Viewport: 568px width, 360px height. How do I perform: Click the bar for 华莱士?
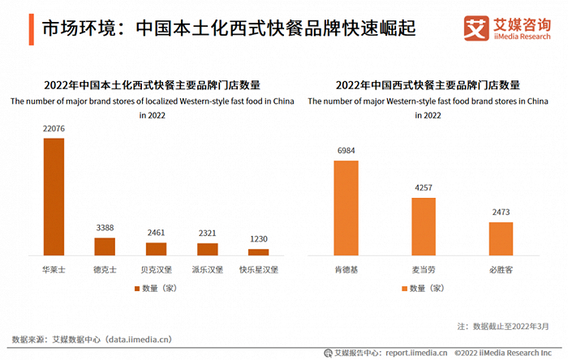pos(54,196)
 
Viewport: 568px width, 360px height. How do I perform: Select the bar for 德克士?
pos(105,246)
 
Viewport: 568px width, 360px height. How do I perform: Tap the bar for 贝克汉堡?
pos(156,249)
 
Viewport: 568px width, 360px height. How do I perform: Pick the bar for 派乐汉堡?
pos(207,249)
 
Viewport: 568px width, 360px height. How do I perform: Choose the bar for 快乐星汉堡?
pos(258,252)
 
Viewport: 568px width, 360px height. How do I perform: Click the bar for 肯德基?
pos(346,208)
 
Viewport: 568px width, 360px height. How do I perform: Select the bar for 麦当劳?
pos(424,226)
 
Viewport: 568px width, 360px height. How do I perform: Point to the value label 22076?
pos(54,129)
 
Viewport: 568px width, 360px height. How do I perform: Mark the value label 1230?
pos(258,240)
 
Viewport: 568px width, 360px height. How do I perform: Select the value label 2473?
pos(501,212)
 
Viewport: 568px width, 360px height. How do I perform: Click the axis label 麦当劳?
pos(424,268)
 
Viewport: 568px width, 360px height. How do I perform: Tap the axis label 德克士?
pos(105,268)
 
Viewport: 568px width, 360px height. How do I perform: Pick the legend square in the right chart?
pos(403,288)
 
